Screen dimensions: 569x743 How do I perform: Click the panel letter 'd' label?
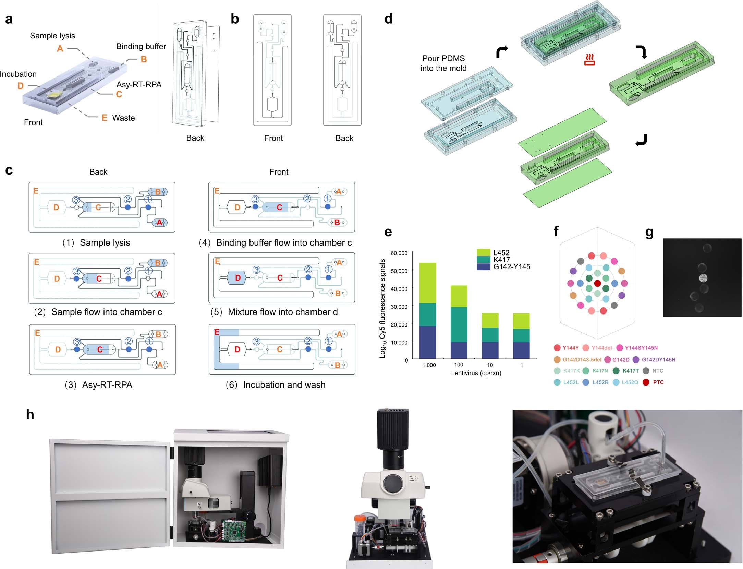click(x=388, y=19)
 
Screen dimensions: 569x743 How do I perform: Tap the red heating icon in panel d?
click(x=589, y=60)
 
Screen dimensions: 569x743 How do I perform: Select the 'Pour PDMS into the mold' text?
click(x=443, y=63)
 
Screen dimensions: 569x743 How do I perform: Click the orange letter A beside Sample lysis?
click(x=60, y=49)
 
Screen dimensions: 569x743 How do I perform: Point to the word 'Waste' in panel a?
click(x=123, y=118)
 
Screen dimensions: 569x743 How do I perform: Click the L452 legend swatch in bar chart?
click(x=483, y=252)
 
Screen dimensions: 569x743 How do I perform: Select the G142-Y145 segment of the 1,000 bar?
click(x=427, y=342)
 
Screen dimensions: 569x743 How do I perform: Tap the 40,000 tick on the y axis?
click(x=399, y=289)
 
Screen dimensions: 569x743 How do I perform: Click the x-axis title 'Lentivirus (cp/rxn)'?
click(x=476, y=373)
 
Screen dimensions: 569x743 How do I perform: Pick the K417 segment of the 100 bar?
click(x=459, y=324)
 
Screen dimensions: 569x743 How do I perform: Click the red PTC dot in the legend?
click(x=646, y=382)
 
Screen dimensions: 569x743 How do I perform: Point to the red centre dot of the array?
click(x=597, y=283)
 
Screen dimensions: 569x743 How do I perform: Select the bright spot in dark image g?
click(x=703, y=277)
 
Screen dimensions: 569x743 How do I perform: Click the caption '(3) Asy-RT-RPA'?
click(x=99, y=385)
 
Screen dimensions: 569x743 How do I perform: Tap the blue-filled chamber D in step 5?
click(x=237, y=278)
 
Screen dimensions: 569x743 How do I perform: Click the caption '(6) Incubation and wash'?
click(x=276, y=385)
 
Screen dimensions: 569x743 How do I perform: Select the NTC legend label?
click(x=657, y=371)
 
